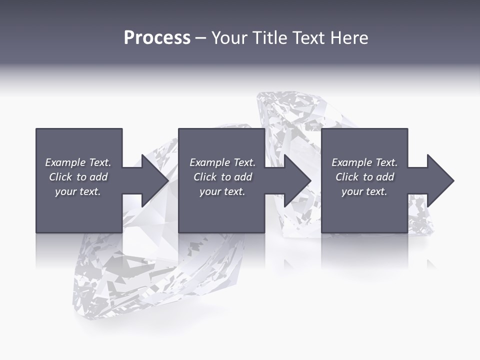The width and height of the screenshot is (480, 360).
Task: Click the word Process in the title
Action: (157, 38)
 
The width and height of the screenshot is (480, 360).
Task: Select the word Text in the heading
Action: (307, 38)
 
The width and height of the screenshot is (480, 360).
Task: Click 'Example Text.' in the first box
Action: (78, 162)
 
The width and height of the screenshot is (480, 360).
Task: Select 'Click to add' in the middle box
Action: (222, 177)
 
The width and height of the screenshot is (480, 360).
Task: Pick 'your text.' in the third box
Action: (364, 191)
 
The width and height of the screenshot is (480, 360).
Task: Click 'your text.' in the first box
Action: (78, 191)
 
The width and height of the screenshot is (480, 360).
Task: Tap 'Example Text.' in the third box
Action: (364, 162)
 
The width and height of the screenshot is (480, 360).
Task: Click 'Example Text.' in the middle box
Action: (222, 162)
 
